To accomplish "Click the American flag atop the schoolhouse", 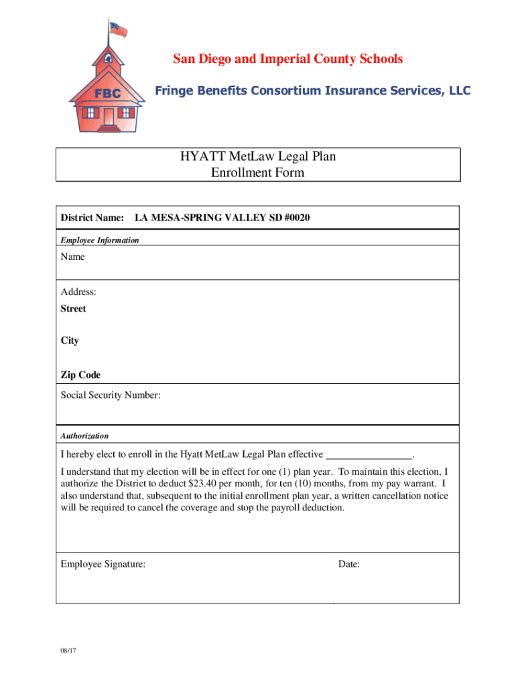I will (x=118, y=29).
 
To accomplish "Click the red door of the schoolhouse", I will (x=109, y=116).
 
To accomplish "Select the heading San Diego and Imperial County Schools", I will (x=288, y=59).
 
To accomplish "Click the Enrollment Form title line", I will (x=258, y=173).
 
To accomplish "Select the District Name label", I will (x=92, y=218).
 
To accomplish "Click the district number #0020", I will (x=296, y=218).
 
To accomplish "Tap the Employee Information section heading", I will (x=100, y=240).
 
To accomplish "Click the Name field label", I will (x=73, y=257).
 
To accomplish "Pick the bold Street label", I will (x=74, y=309).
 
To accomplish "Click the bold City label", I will (x=70, y=340).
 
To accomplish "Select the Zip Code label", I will (x=80, y=375).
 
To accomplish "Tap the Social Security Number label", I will (x=111, y=395).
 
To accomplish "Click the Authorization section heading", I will (x=84, y=435).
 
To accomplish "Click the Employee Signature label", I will (x=103, y=564).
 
